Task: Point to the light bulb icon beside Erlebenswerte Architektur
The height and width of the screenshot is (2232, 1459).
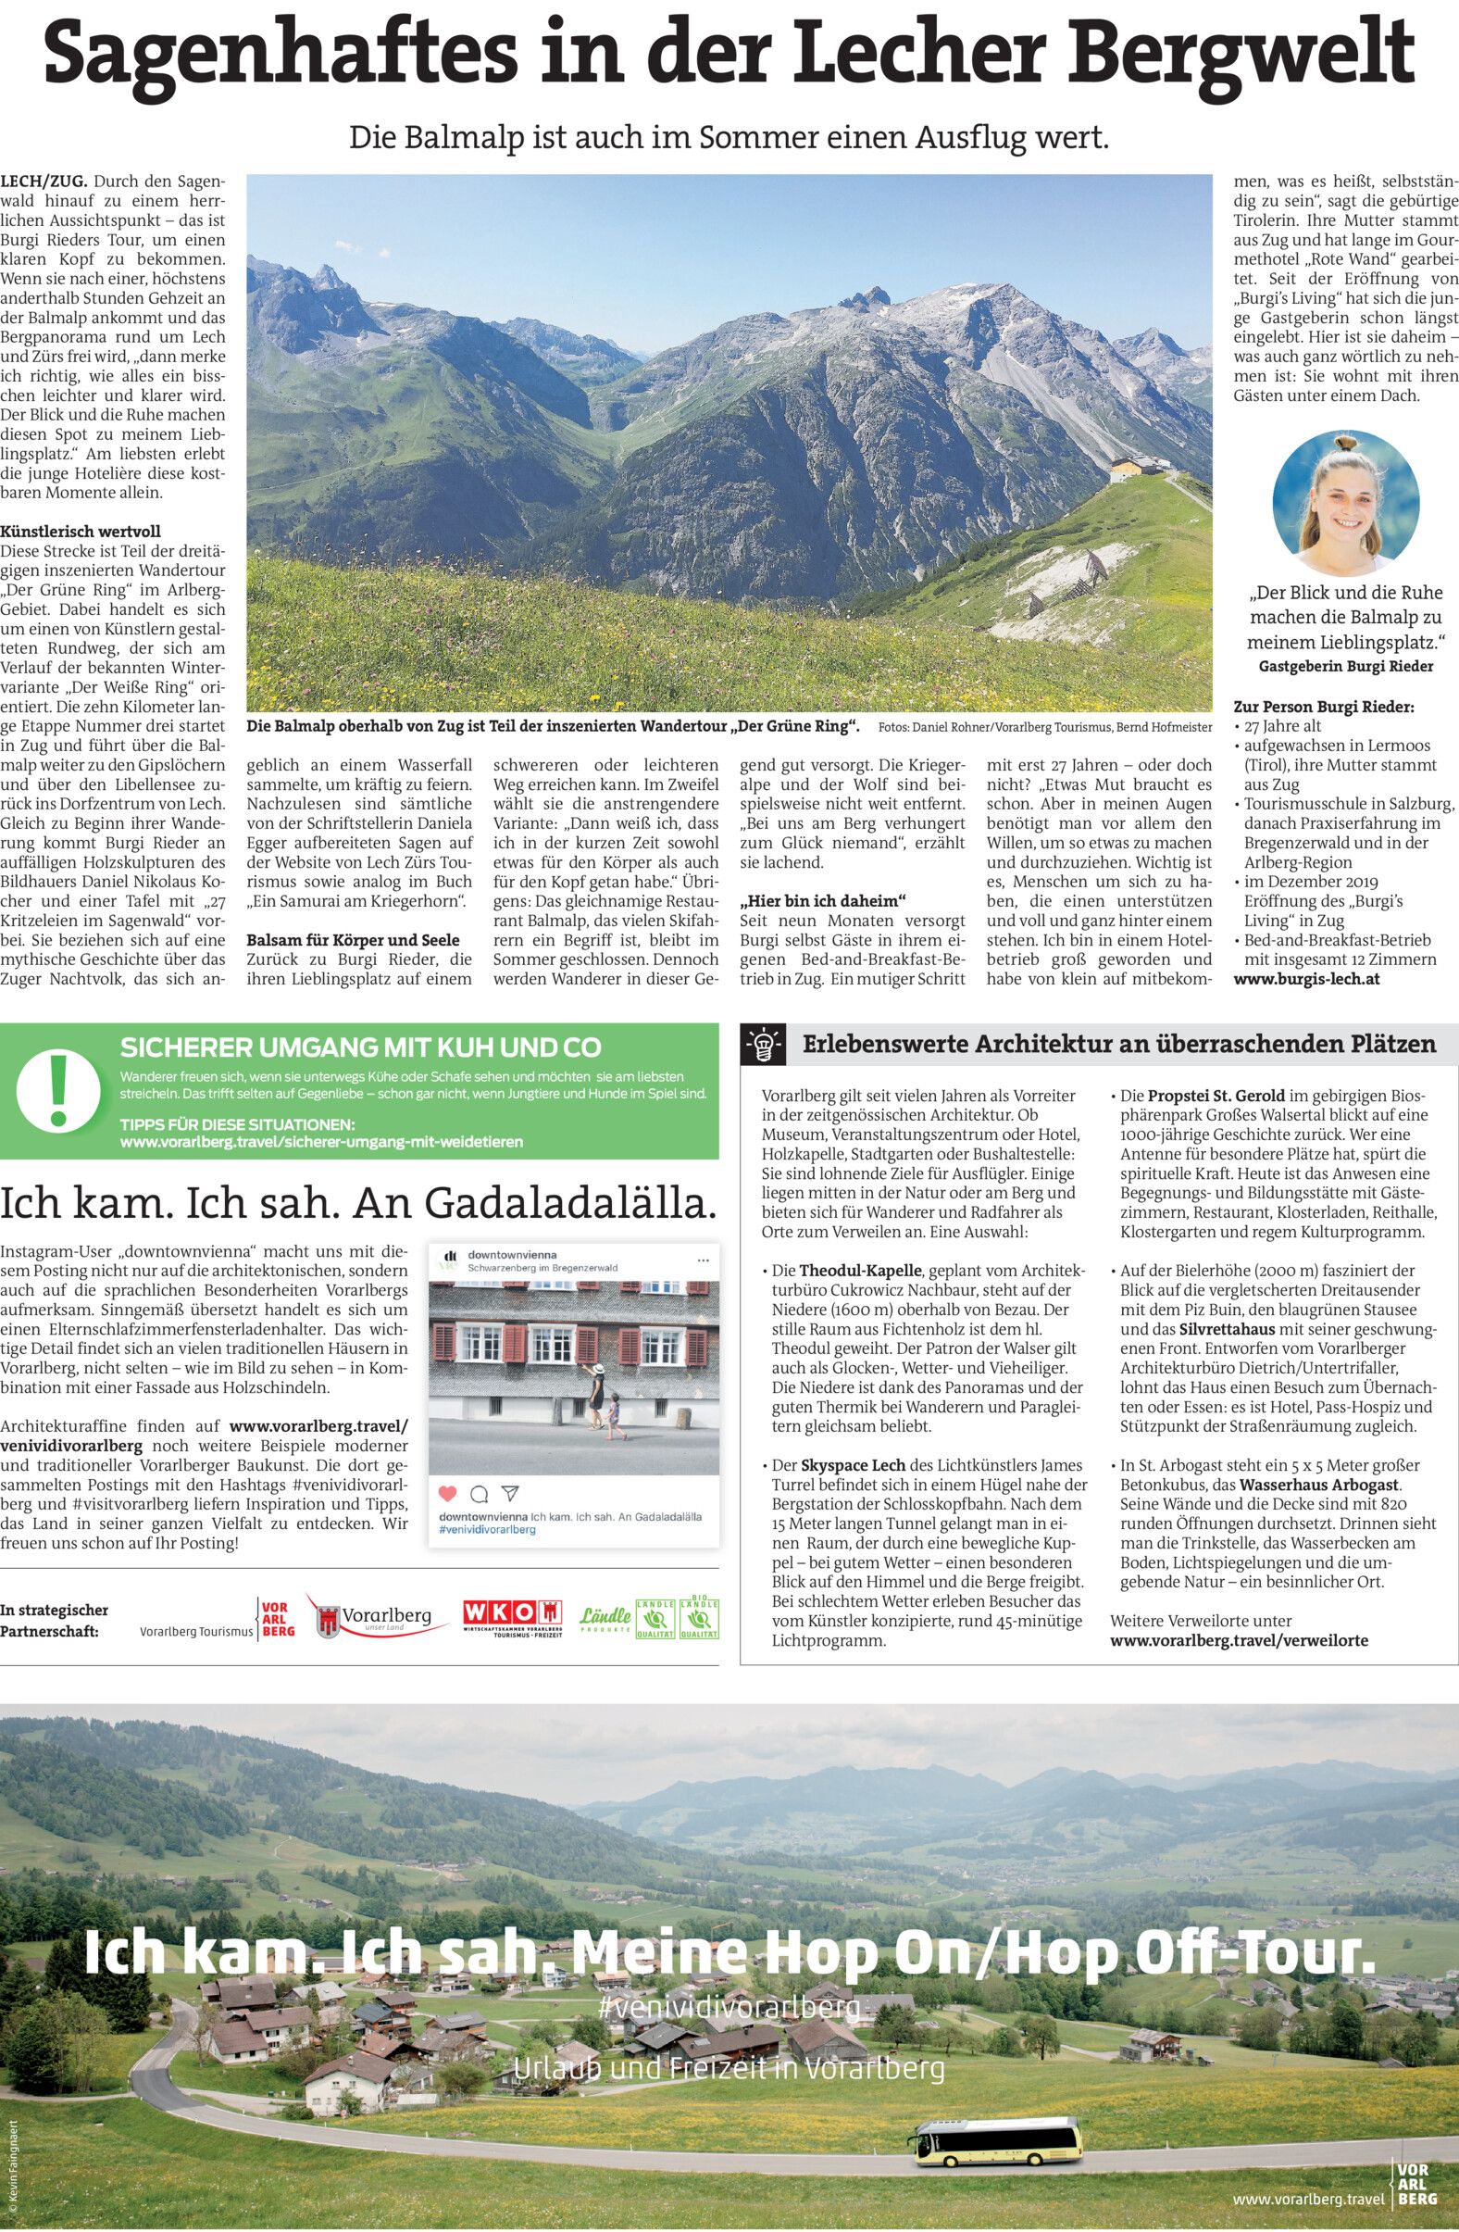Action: click(x=763, y=1044)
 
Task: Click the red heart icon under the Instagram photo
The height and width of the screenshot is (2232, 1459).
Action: click(x=448, y=1493)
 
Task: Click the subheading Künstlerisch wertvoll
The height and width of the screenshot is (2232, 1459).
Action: click(x=72, y=532)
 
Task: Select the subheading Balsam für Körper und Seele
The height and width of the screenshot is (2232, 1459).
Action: click(x=353, y=940)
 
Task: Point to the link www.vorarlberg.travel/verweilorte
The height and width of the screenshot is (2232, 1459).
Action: click(x=1238, y=1640)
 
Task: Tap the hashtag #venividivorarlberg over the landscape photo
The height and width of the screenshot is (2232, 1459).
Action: click(x=729, y=2009)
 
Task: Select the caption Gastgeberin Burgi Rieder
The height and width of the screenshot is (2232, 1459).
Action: click(x=1345, y=666)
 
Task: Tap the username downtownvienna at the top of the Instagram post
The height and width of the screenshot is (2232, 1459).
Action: click(x=512, y=1254)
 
